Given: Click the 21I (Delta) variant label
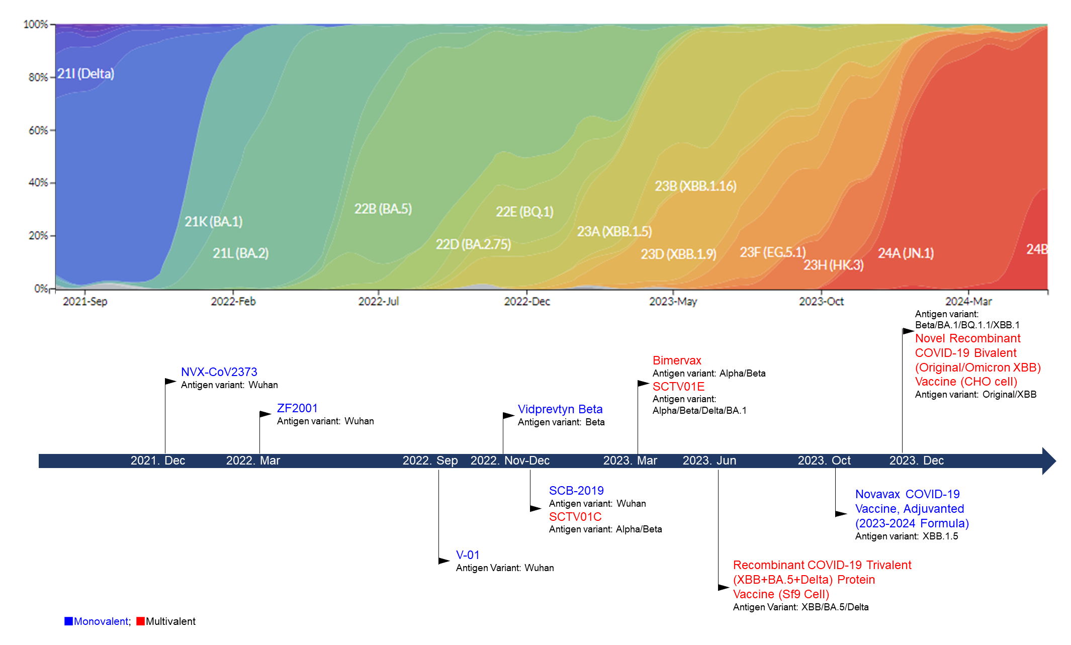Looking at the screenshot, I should [x=85, y=74].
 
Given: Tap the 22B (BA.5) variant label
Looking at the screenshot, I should [x=383, y=209].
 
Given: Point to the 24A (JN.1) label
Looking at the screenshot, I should [x=906, y=253].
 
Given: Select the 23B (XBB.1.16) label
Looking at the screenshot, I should [x=695, y=186].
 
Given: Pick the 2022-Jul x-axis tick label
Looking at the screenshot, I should [x=378, y=301].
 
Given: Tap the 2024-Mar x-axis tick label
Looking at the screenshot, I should [x=968, y=301].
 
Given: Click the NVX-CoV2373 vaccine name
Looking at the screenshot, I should [x=219, y=372].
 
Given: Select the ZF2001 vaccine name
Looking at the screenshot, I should [x=297, y=408].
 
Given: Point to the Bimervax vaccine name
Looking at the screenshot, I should [x=677, y=360].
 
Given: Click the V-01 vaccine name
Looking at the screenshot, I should [x=468, y=555].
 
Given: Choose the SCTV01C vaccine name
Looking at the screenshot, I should [x=575, y=517].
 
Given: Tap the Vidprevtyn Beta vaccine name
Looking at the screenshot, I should [x=560, y=409].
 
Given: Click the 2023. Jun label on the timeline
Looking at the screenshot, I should [x=709, y=460].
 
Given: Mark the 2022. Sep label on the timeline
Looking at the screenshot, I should [x=430, y=460].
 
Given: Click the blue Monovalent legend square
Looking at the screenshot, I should [x=69, y=621].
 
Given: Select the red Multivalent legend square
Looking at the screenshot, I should [x=141, y=621].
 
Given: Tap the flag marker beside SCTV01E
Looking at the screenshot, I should [x=643, y=384].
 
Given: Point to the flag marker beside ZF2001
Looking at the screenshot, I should [x=265, y=414].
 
